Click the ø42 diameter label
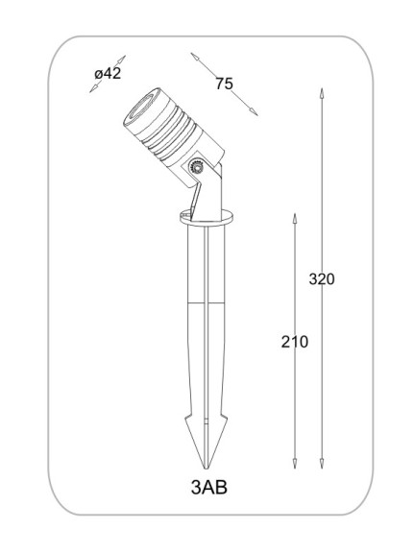[x=108, y=74]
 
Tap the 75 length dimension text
[x=224, y=84]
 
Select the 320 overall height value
[x=322, y=279]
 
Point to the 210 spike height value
[x=295, y=342]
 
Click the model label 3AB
[x=209, y=488]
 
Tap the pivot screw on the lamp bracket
[x=196, y=166]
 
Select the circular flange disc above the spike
[x=207, y=217]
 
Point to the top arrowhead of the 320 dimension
[x=322, y=93]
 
